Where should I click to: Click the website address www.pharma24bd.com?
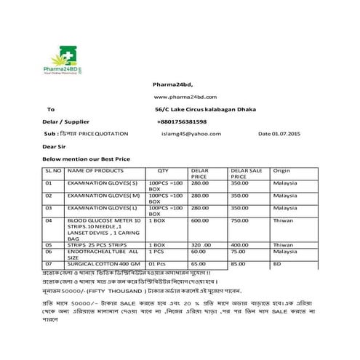tap(185, 97)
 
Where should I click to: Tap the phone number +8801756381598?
tap(181, 121)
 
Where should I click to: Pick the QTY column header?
tap(162, 170)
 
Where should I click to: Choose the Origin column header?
tap(281, 170)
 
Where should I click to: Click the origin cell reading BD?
tap(277, 263)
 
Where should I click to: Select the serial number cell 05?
tap(49, 244)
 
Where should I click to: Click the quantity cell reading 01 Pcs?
tap(159, 263)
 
